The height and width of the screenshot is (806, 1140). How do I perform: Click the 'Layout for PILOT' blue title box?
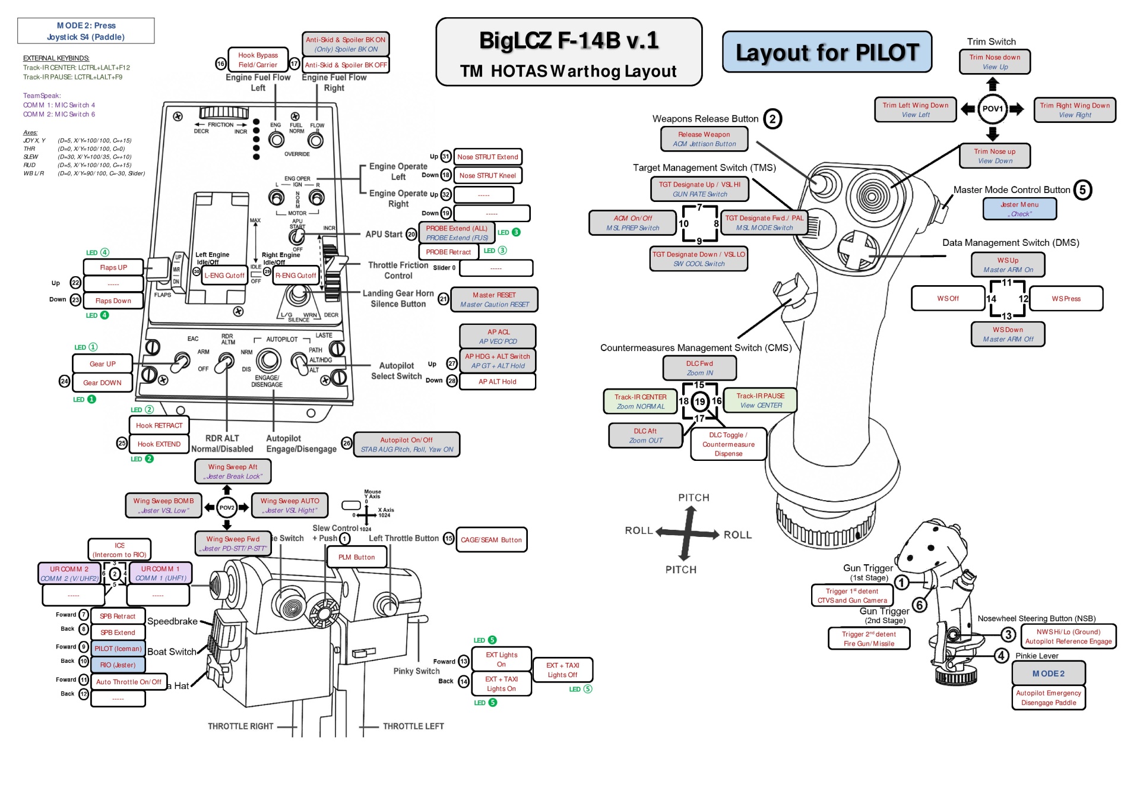[826, 52]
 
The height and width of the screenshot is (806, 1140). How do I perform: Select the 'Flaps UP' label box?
[113, 267]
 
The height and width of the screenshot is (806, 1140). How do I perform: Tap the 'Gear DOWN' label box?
[102, 383]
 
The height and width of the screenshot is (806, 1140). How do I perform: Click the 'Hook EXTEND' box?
[159, 444]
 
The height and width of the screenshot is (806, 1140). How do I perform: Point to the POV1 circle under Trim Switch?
[992, 109]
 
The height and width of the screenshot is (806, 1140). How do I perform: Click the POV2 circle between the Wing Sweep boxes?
[227, 507]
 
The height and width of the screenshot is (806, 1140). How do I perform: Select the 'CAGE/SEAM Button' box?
[491, 540]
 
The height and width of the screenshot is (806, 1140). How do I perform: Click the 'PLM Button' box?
[356, 557]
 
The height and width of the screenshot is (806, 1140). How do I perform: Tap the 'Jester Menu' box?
[1019, 209]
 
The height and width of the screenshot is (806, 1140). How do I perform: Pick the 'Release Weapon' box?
[704, 139]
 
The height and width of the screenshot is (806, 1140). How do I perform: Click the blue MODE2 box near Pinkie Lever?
[1049, 674]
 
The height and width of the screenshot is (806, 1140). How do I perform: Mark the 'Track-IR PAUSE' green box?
[761, 400]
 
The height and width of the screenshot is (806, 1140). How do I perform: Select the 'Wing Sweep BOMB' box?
[163, 505]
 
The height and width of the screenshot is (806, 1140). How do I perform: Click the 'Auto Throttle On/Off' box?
[129, 682]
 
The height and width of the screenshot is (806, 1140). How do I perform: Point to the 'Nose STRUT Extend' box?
[487, 157]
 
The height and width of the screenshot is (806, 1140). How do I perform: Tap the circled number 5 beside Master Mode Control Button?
[1082, 190]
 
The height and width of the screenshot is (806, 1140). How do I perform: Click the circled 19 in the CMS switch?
[700, 402]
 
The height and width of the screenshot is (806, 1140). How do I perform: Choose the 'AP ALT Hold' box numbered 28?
[497, 381]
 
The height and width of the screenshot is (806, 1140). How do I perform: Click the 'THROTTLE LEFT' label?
[413, 726]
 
